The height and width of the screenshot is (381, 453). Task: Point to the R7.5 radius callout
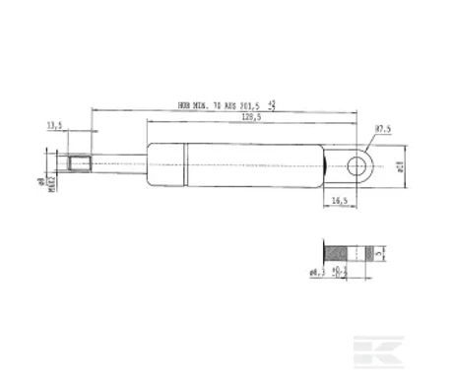click(384, 128)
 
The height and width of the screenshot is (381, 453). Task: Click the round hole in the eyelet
click(361, 162)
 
